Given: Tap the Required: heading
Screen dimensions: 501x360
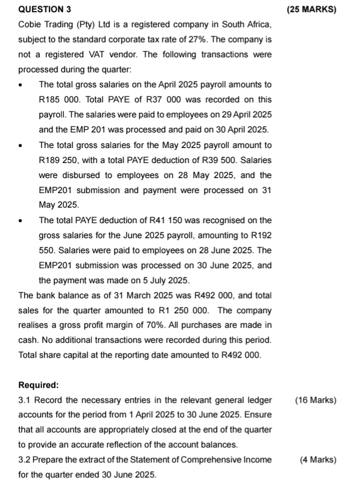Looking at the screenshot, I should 39,385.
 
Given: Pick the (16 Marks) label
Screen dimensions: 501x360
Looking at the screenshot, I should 316,400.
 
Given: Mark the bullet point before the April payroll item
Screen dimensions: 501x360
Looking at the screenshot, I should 21,85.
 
